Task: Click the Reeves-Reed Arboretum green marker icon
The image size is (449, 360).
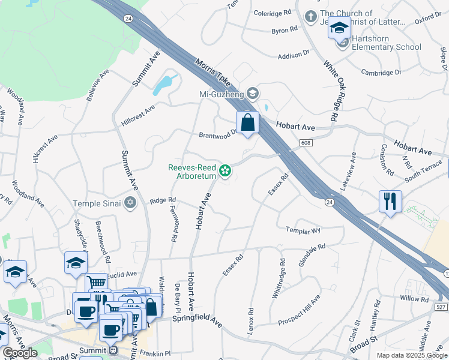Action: pos(225,172)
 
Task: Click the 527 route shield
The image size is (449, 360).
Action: pos(441,308)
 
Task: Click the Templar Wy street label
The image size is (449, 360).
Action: pos(304,230)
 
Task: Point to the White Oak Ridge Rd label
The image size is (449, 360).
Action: pos(331,90)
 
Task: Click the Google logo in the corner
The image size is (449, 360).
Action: pos(20,353)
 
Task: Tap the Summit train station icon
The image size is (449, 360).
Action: pos(113,350)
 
